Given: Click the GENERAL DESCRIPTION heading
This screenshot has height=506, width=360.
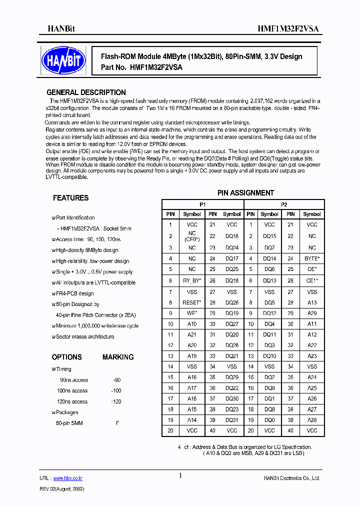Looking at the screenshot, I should click(86, 92).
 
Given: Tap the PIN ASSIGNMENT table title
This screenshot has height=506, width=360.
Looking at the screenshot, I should click(245, 192).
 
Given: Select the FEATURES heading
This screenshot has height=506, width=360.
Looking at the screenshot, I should click(70, 198).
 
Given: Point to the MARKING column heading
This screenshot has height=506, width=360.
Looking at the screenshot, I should click(118, 357).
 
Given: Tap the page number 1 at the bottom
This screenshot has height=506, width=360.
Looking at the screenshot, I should click(180, 476).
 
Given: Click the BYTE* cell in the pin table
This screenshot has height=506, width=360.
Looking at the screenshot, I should click(311, 258).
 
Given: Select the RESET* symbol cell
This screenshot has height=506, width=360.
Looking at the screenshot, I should click(192, 302).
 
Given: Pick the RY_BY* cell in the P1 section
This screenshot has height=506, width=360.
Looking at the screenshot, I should click(192, 280).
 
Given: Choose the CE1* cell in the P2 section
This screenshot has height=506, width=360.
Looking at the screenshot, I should click(311, 280).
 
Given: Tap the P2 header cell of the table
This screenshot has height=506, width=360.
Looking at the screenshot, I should click(284, 204).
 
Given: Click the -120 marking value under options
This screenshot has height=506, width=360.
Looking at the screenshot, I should click(116, 401).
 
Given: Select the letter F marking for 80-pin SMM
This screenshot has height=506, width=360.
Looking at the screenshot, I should click(117, 423).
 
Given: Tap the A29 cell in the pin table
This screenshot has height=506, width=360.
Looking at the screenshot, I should click(311, 313).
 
